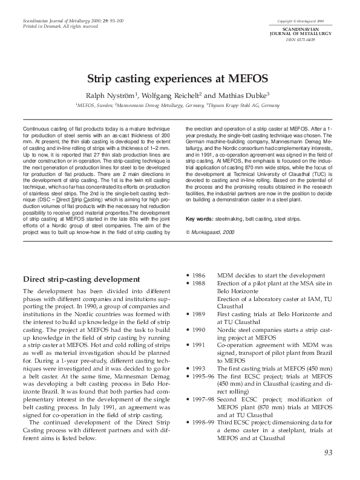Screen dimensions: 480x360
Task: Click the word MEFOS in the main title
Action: (x=249, y=79)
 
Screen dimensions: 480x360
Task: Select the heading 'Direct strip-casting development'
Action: (x=77, y=279)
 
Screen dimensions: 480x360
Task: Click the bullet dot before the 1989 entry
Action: (x=188, y=314)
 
